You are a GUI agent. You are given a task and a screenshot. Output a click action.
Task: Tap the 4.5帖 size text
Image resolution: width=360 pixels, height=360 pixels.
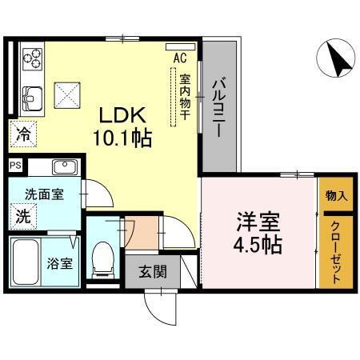[x=258, y=244]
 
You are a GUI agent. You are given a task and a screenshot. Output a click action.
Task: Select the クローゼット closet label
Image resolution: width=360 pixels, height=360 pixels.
[x=336, y=250]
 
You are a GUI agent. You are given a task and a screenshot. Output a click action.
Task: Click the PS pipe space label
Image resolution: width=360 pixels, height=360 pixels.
[x=15, y=166]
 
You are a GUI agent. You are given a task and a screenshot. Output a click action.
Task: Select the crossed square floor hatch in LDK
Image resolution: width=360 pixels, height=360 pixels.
[x=66, y=97]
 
